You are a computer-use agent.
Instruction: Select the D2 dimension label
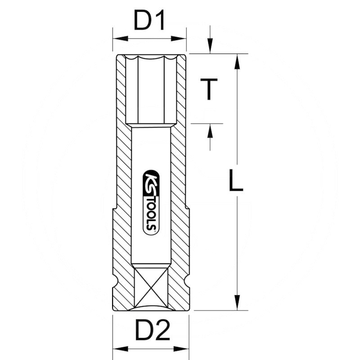coord(150,332)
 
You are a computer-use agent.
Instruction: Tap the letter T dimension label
coord(208,89)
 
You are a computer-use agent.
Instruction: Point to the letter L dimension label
coord(235,181)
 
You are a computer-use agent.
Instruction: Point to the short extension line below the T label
coord(207,123)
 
